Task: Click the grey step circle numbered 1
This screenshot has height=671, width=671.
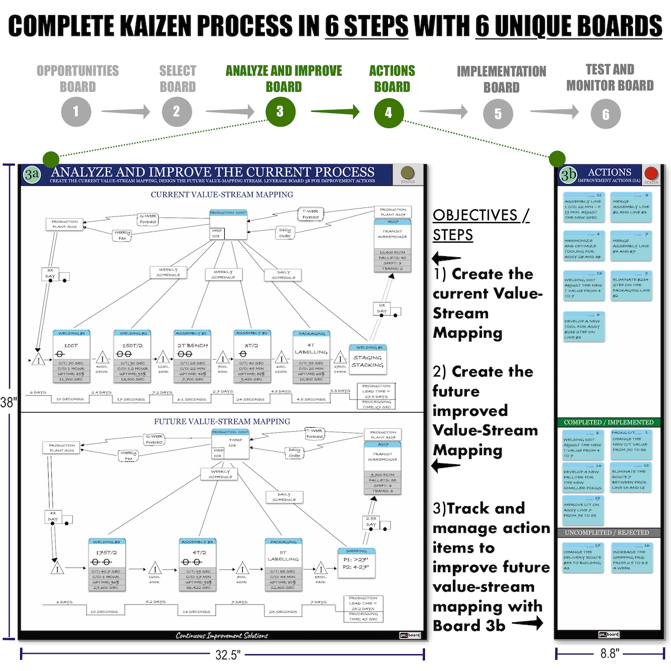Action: click(x=75, y=111)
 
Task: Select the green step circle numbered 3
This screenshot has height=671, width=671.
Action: click(x=280, y=112)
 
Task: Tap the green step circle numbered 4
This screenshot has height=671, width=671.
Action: click(x=389, y=113)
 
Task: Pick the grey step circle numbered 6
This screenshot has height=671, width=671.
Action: click(x=606, y=115)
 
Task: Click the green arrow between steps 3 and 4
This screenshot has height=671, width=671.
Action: click(x=335, y=111)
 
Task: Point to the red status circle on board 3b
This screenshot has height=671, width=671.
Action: click(x=651, y=173)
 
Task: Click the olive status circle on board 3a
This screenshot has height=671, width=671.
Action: click(x=408, y=172)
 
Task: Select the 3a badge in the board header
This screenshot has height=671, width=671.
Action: click(x=32, y=174)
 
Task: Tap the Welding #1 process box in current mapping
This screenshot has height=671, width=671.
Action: click(x=72, y=356)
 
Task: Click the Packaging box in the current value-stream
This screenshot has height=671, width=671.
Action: click(x=311, y=356)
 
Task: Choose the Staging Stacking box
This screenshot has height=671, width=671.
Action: click(x=367, y=358)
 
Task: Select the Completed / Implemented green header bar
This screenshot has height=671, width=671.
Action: click(x=608, y=422)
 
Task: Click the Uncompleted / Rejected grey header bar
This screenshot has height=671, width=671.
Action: click(x=608, y=533)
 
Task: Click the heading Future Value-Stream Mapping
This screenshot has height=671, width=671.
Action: click(x=222, y=421)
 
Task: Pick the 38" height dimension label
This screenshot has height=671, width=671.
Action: click(x=8, y=402)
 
